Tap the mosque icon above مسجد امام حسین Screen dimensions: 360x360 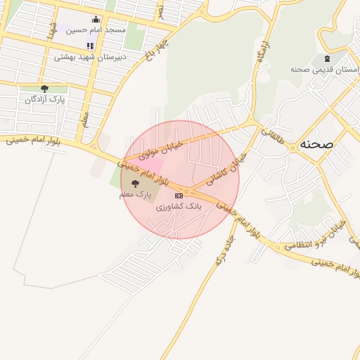click(94, 19)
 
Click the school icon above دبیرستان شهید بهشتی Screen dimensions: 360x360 click(90, 45)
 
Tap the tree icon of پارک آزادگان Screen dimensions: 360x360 click(44, 89)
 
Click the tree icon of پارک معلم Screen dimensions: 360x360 click(135, 182)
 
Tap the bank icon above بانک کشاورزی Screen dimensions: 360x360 click(179, 195)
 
